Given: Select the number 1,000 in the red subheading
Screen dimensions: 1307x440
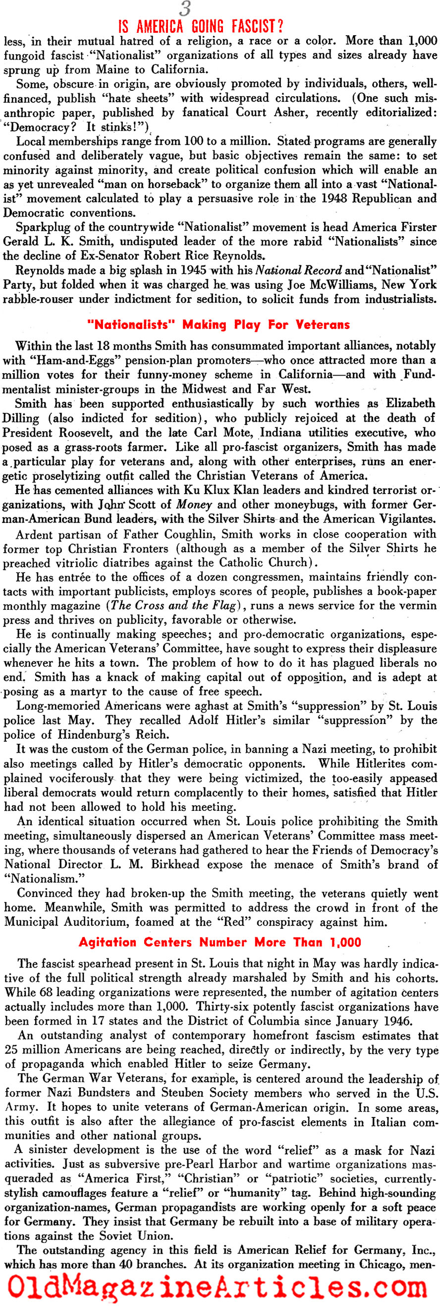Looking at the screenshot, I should pyautogui.click(x=345, y=942).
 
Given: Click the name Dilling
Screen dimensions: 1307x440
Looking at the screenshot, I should pyautogui.click(x=21, y=418).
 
